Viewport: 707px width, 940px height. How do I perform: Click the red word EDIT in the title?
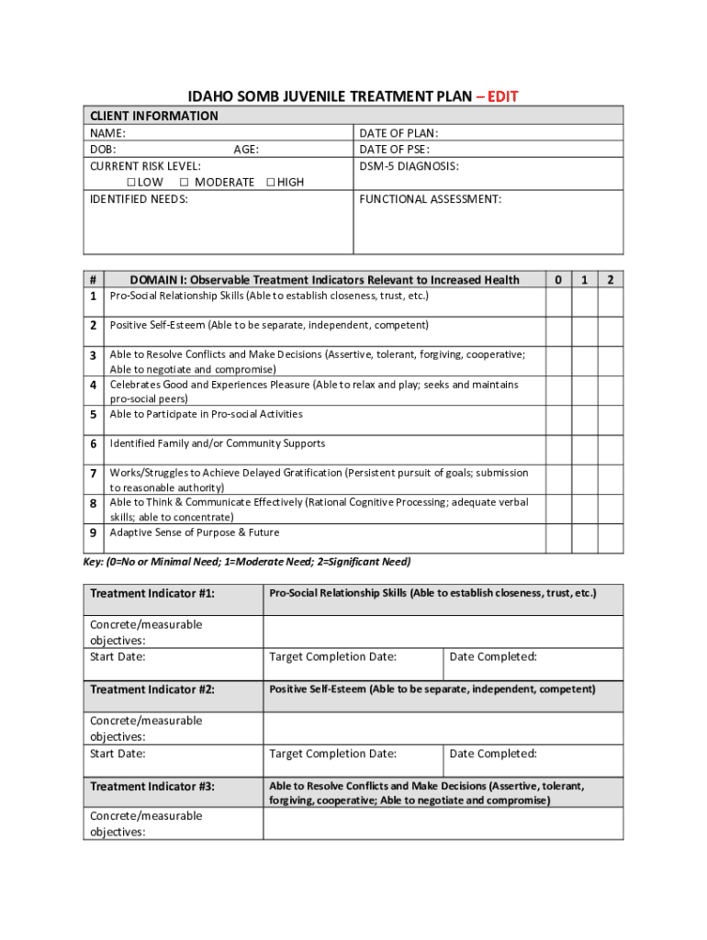502,96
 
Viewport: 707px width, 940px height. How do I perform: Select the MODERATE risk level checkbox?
185,183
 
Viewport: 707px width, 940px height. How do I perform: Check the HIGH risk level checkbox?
270,183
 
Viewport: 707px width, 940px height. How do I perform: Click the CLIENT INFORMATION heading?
153,116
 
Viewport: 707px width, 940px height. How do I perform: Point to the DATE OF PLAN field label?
398,133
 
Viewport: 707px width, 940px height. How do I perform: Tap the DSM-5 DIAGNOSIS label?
409,166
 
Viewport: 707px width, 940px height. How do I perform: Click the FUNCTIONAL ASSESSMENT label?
430,198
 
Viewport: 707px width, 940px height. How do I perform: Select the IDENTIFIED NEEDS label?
139,198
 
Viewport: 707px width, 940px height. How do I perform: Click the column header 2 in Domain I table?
610,279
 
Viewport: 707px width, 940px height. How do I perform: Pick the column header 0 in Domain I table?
557,279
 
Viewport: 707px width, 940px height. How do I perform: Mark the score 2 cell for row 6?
610,450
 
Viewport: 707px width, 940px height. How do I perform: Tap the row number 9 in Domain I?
94,533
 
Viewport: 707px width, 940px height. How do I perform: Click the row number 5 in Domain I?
94,415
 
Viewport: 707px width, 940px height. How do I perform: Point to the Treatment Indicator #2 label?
151,689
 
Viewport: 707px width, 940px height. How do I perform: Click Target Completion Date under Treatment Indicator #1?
332,656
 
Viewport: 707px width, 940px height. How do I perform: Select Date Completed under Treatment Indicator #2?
492,754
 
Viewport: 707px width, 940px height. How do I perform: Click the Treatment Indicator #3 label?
151,787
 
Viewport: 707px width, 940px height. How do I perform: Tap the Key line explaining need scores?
247,562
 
